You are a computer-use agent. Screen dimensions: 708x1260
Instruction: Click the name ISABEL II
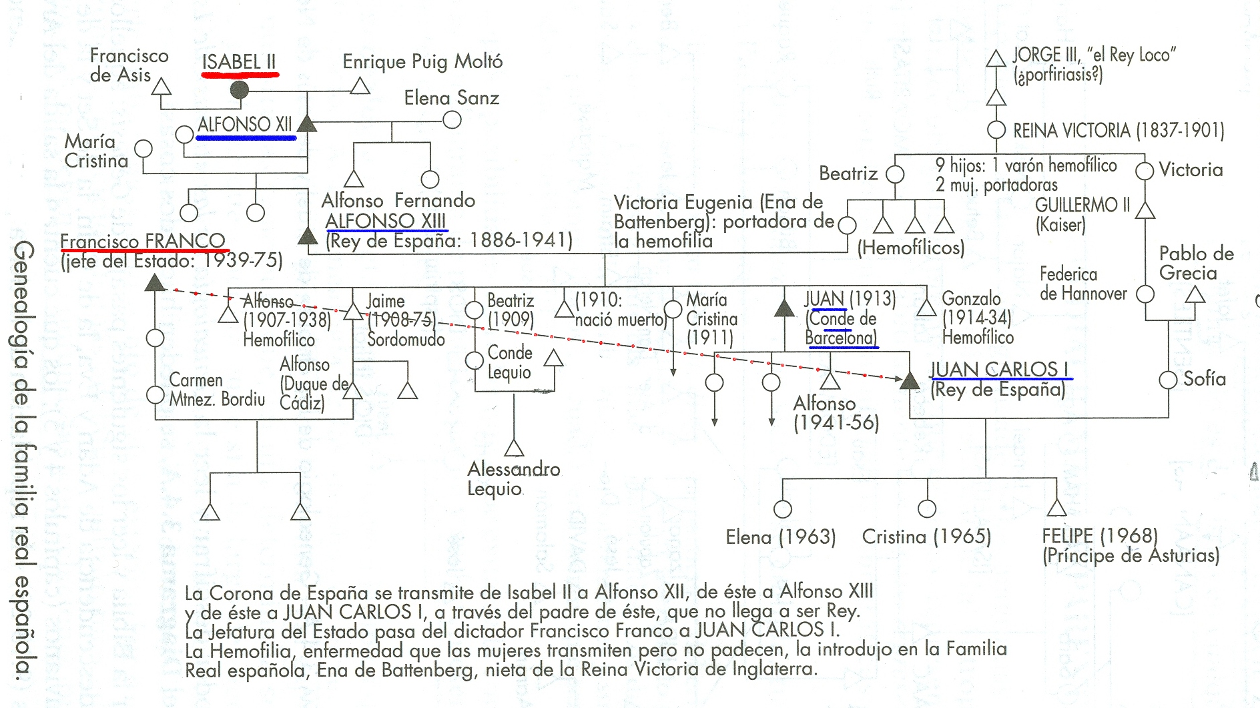239,62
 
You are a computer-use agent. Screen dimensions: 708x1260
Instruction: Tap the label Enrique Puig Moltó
422,62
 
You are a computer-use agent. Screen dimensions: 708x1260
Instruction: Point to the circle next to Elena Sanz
452,120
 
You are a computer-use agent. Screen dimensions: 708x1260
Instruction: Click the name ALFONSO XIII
385,221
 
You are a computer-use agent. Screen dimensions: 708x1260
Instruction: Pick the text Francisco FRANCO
143,240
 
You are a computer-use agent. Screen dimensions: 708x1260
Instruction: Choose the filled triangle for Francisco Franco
155,282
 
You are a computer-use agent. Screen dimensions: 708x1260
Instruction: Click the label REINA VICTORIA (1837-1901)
1119,131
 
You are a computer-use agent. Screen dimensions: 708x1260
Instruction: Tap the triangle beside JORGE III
996,59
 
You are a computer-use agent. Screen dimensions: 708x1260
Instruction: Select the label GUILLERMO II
1082,205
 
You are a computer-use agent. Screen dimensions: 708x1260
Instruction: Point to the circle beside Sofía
1168,380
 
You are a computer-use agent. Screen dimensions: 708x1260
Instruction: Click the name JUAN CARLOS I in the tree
999,370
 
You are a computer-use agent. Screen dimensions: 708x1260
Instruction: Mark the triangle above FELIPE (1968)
1056,508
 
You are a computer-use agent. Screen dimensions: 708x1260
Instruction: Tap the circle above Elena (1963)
783,509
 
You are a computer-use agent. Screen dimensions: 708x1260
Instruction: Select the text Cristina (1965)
926,537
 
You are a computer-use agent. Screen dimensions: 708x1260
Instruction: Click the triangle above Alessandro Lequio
514,448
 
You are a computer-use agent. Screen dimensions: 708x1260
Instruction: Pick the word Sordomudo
406,340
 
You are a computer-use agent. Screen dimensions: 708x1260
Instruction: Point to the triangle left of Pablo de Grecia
1195,294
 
